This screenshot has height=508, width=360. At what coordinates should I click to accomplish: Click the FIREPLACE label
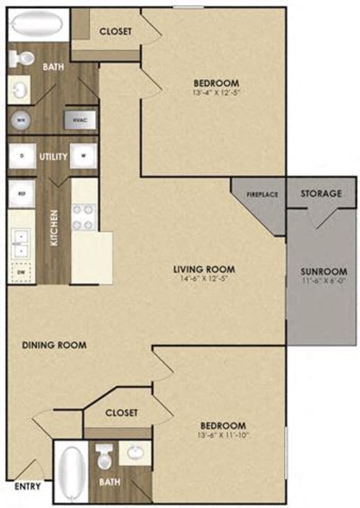(261, 194)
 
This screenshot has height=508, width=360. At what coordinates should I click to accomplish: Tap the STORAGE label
(321, 193)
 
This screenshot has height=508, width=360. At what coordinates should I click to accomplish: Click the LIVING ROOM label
(199, 270)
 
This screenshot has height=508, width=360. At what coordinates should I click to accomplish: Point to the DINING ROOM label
(54, 345)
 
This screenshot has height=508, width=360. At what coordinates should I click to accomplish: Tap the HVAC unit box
(79, 119)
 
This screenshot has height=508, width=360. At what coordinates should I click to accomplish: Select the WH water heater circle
(21, 119)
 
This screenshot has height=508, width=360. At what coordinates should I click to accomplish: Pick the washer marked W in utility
(83, 156)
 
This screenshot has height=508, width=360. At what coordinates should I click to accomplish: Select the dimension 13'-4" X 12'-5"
(216, 92)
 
